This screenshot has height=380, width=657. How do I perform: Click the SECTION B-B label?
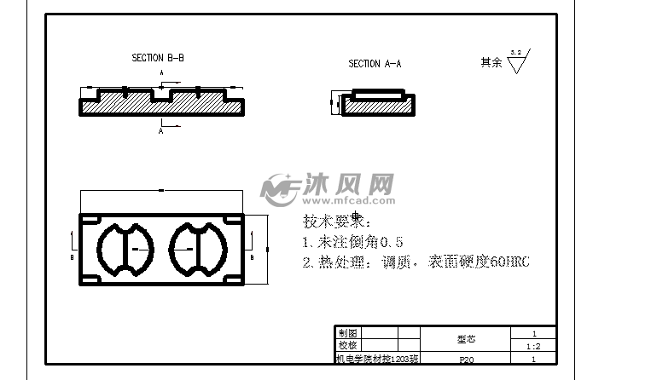[x=158, y=58]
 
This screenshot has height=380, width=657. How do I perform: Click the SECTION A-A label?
[x=375, y=64]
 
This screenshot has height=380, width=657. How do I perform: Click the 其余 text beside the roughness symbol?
[x=491, y=63]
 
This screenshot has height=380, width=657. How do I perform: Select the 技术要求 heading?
[x=337, y=222]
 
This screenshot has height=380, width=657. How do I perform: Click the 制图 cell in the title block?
[x=347, y=333]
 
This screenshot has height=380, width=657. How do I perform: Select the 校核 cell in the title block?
[x=347, y=346]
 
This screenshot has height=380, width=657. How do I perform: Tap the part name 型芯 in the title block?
[x=466, y=339]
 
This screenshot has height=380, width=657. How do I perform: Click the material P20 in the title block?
[x=466, y=360]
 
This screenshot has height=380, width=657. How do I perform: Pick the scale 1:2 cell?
[x=533, y=347]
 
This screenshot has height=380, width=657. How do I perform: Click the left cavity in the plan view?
[x=126, y=249]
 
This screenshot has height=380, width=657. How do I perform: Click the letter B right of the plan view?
[x=253, y=256]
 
